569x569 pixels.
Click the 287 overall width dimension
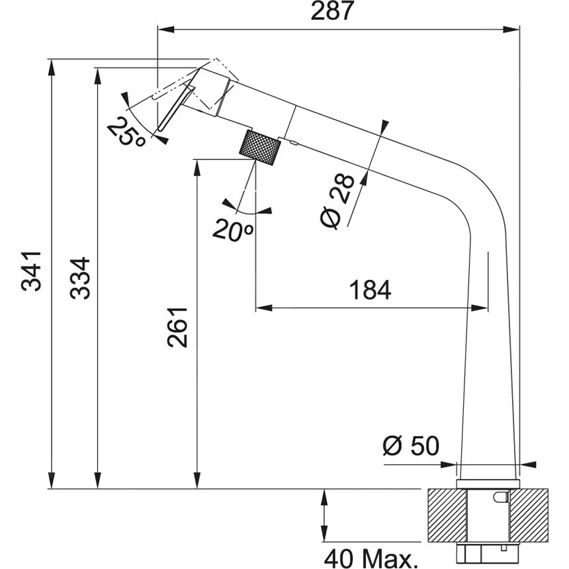coord(337,11)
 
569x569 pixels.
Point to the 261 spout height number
coord(177,327)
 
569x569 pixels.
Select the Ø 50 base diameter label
coord(410,446)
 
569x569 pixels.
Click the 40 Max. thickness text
coord(371,557)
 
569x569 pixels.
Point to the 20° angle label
coord(233,230)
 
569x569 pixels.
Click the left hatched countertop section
coord(447,513)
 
